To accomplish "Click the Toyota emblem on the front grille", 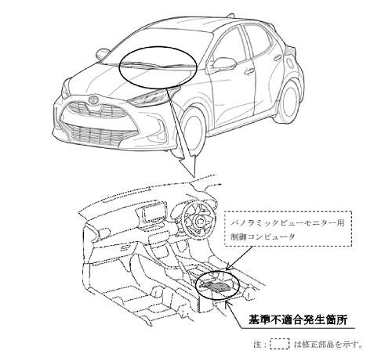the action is (93, 99).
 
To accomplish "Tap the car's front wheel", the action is (193, 131).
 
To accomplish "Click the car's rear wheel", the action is (289, 100).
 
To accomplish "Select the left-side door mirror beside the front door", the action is (222, 63).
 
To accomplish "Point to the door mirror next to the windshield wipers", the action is (103, 53).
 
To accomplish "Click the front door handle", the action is (249, 71).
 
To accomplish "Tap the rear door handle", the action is (278, 57).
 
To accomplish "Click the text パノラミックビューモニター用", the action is (287, 224).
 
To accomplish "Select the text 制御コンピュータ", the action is (263, 237).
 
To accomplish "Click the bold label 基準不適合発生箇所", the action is (298, 319).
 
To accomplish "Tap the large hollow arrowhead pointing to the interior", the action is (187, 164).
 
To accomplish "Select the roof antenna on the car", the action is (230, 15).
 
